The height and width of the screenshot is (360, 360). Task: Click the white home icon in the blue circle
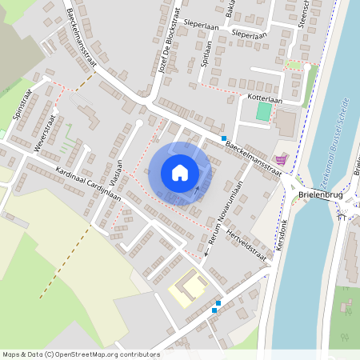click(180, 173)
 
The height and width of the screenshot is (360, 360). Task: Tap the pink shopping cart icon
click(280, 160)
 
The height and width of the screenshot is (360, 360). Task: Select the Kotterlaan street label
click(266, 99)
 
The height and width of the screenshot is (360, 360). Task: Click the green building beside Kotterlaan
click(262, 112)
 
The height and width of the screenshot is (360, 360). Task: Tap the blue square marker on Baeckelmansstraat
click(224, 138)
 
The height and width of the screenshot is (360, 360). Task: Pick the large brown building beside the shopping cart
click(286, 122)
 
